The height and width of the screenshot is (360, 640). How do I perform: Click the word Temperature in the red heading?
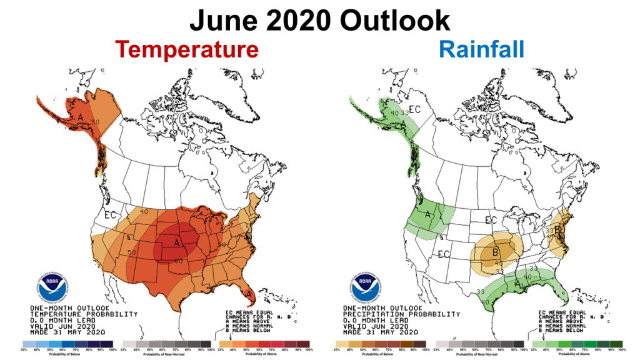(x=187, y=49)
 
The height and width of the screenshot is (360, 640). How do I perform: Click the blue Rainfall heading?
(x=481, y=49)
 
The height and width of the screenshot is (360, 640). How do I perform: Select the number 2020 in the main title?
(x=296, y=20)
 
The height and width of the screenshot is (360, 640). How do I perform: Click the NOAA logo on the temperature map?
(x=51, y=287)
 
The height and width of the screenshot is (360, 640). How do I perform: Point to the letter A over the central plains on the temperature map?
(x=177, y=241)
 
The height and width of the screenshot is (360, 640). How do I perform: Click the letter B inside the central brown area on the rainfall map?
(x=495, y=252)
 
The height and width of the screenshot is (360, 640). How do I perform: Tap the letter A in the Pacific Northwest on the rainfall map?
(x=427, y=216)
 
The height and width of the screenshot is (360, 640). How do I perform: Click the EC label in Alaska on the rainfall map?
(x=414, y=111)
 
